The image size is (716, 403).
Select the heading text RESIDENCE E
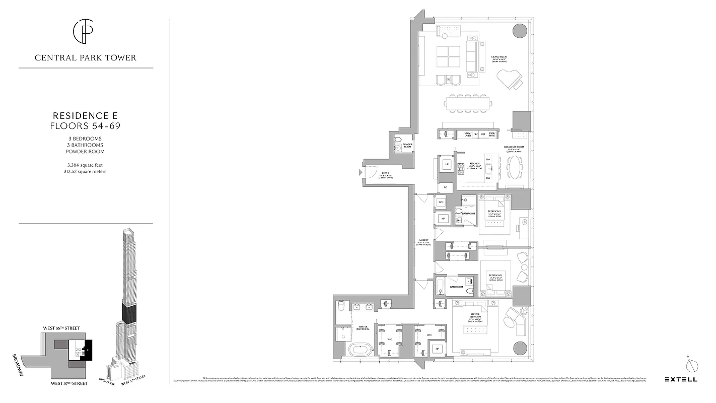85,115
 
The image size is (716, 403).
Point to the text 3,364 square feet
85,165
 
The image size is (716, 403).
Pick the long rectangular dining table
466,103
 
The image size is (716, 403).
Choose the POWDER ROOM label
407,145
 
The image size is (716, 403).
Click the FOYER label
385,173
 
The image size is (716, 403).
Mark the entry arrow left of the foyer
360,172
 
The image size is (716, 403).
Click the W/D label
441,202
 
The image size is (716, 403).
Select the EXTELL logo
681,379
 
